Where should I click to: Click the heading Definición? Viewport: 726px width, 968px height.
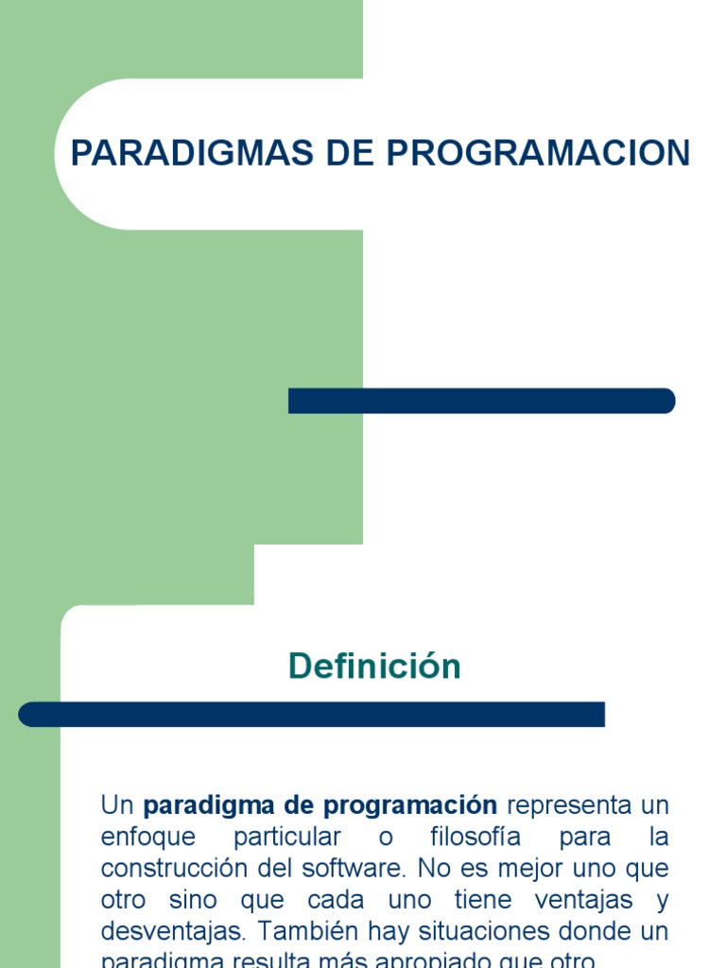click(x=374, y=666)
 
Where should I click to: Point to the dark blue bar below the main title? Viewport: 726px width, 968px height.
click(x=481, y=401)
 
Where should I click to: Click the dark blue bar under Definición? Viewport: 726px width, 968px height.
click(x=311, y=715)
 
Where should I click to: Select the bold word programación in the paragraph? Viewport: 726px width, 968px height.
click(x=409, y=806)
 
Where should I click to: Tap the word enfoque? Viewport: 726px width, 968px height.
click(x=148, y=838)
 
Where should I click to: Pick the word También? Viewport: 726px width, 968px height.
click(x=304, y=931)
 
